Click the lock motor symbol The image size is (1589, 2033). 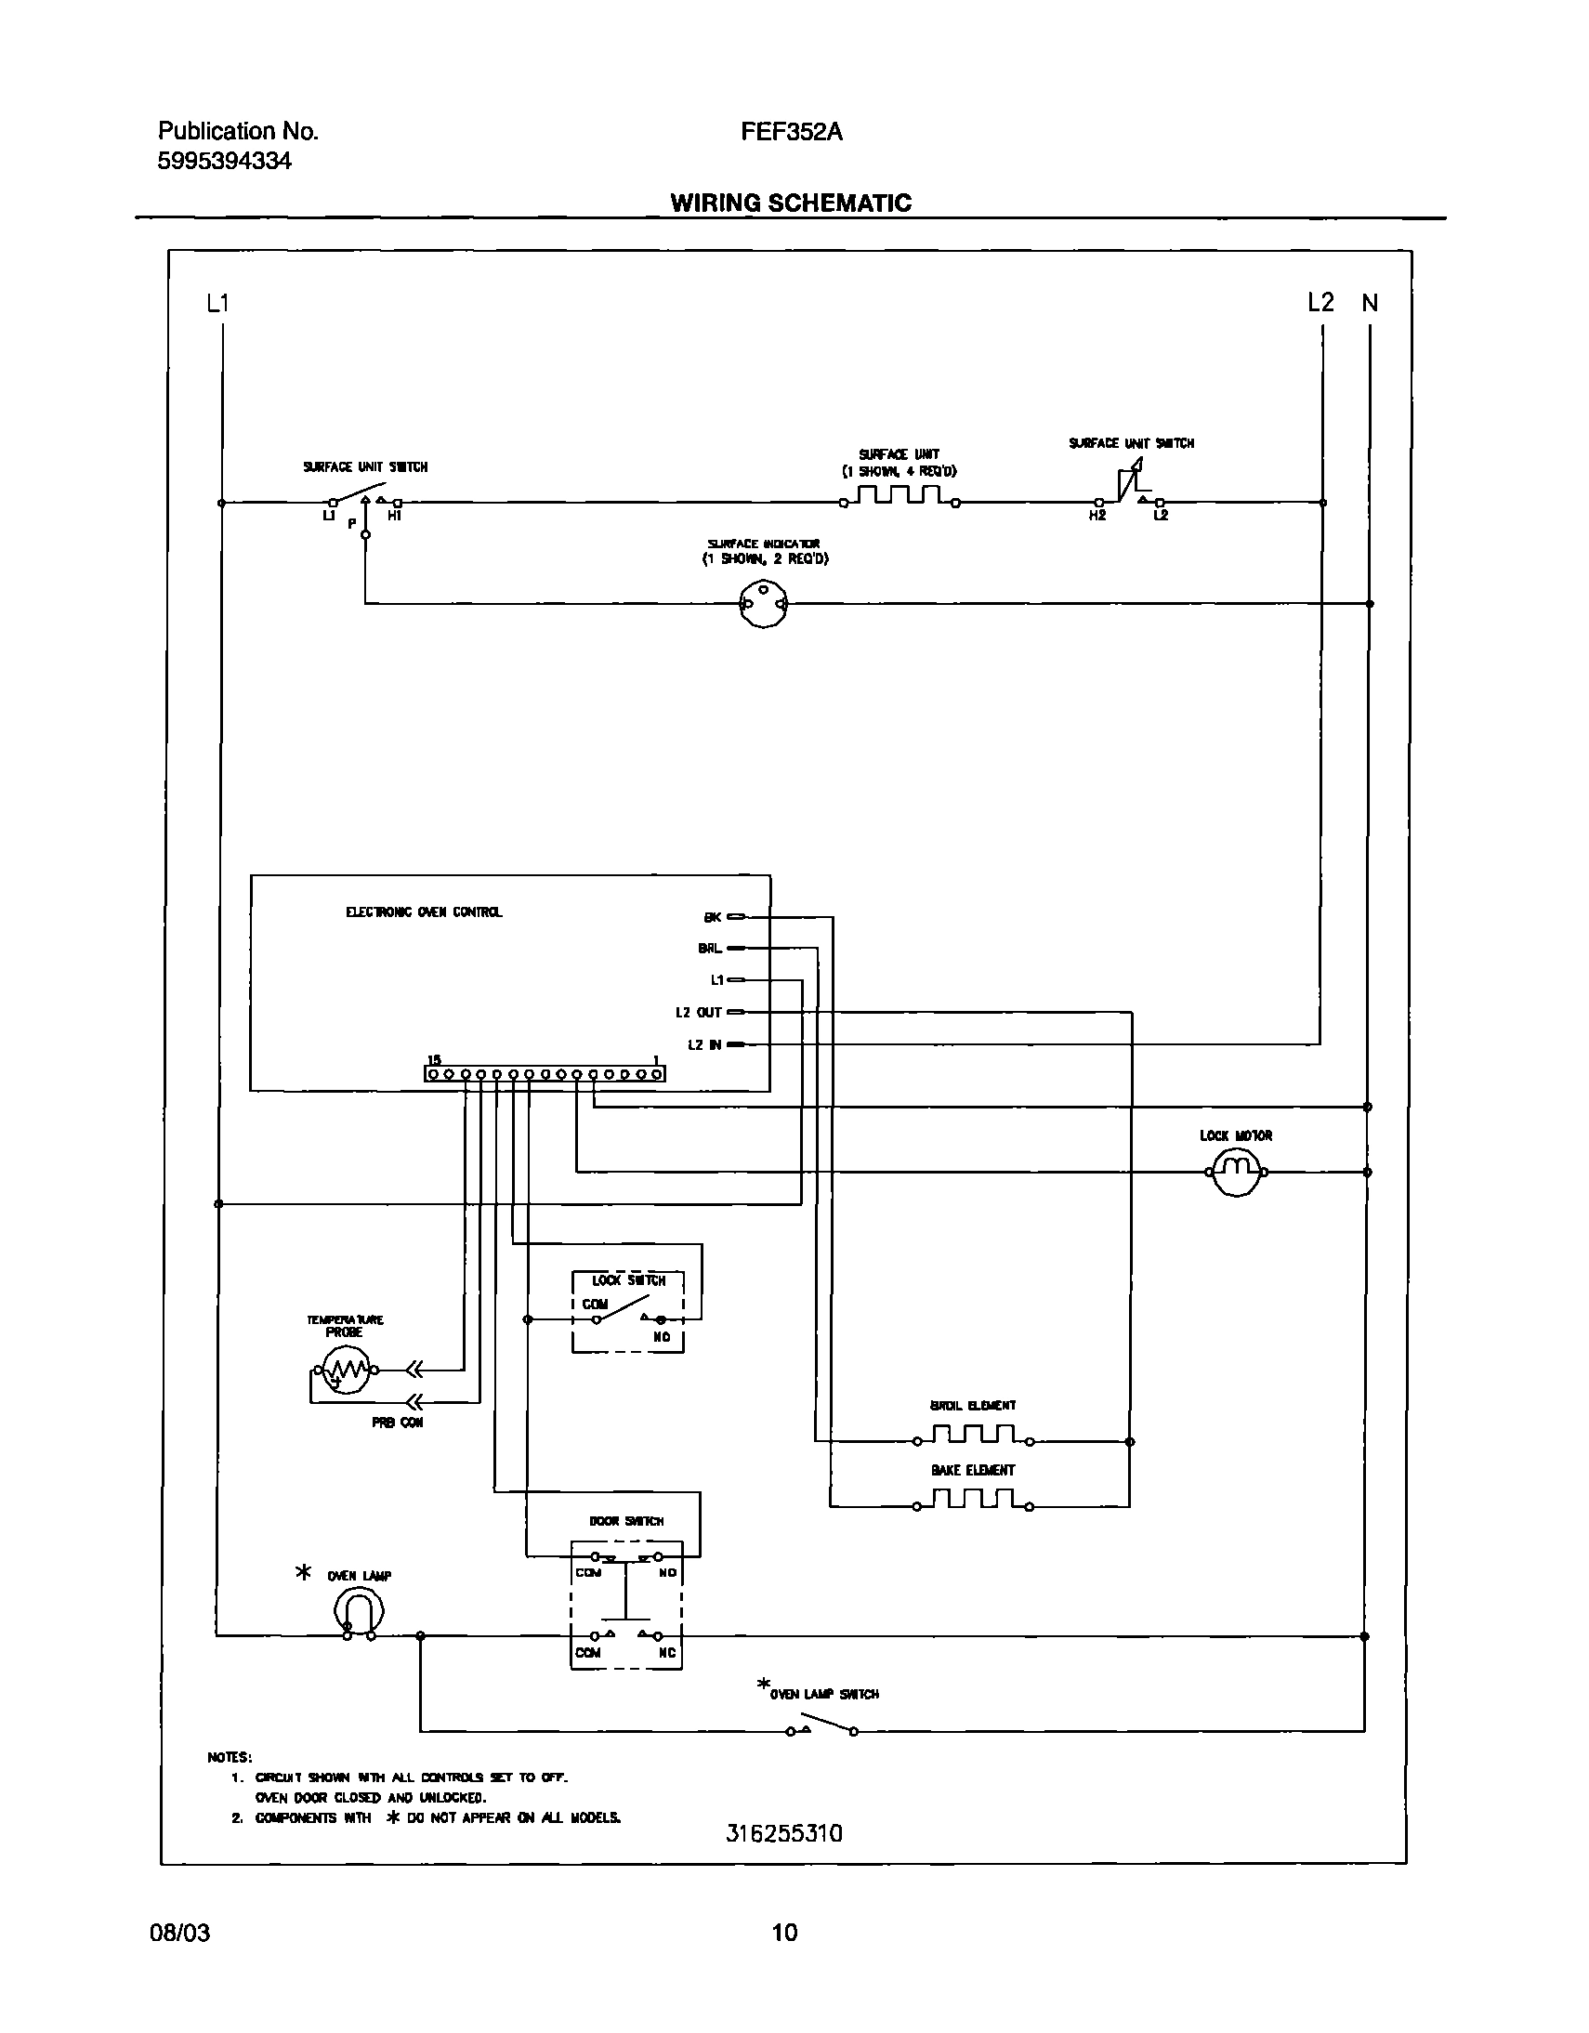point(1235,1173)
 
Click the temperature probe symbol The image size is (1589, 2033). point(345,1370)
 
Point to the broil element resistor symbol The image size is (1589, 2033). point(973,1435)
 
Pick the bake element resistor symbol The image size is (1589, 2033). point(973,1500)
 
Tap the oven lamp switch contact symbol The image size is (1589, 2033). point(822,1729)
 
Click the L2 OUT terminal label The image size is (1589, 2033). point(698,1013)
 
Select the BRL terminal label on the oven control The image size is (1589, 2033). point(709,949)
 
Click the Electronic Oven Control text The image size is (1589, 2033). point(424,912)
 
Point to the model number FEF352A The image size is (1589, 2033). point(791,132)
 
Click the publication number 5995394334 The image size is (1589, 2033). point(224,161)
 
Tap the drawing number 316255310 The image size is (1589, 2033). point(783,1833)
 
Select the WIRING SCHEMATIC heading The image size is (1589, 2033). point(790,203)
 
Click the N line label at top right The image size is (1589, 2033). point(1370,304)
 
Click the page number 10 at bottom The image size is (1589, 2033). point(784,1933)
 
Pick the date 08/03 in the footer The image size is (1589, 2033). point(179,1933)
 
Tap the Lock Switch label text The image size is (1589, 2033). point(628,1281)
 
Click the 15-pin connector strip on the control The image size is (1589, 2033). point(545,1074)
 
